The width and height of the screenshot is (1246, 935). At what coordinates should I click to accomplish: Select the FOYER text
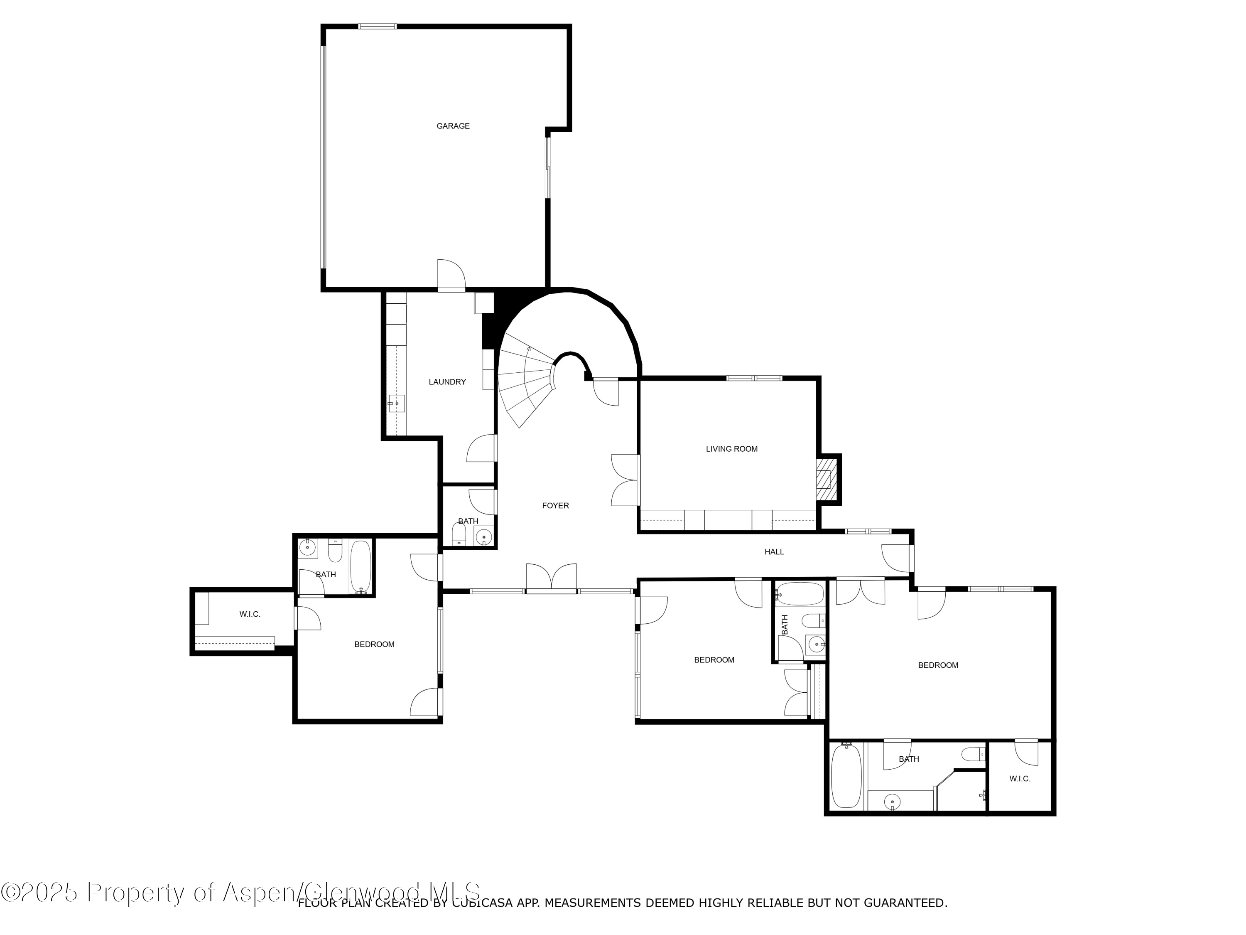click(555, 506)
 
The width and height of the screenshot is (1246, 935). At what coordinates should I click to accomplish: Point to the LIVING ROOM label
click(732, 449)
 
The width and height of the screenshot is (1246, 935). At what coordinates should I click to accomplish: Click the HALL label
click(774, 552)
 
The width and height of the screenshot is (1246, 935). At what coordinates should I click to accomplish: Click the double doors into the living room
click(624, 480)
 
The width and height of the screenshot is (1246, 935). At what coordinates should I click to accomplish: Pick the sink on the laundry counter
click(397, 404)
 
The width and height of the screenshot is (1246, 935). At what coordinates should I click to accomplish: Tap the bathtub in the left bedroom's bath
click(361, 567)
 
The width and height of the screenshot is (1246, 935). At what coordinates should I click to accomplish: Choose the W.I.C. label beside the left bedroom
click(250, 614)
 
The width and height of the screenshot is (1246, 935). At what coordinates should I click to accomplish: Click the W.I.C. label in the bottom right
click(1020, 779)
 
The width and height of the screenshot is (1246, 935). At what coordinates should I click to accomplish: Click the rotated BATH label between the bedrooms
click(785, 625)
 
